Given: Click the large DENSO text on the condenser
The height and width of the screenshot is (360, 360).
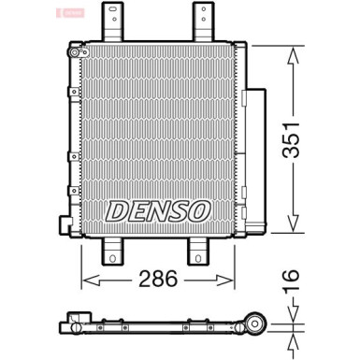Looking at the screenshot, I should (156, 210).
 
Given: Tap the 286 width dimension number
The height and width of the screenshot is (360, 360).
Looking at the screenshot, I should (157, 278).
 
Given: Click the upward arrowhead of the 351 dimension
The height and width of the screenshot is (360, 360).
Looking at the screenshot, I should (292, 49).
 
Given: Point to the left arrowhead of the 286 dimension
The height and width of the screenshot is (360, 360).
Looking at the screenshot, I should (87, 278).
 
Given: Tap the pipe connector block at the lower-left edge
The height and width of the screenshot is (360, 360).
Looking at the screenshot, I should (65, 225).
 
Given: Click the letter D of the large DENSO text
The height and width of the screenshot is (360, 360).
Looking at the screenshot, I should (117, 210).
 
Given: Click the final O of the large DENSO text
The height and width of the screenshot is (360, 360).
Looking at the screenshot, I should (197, 210).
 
